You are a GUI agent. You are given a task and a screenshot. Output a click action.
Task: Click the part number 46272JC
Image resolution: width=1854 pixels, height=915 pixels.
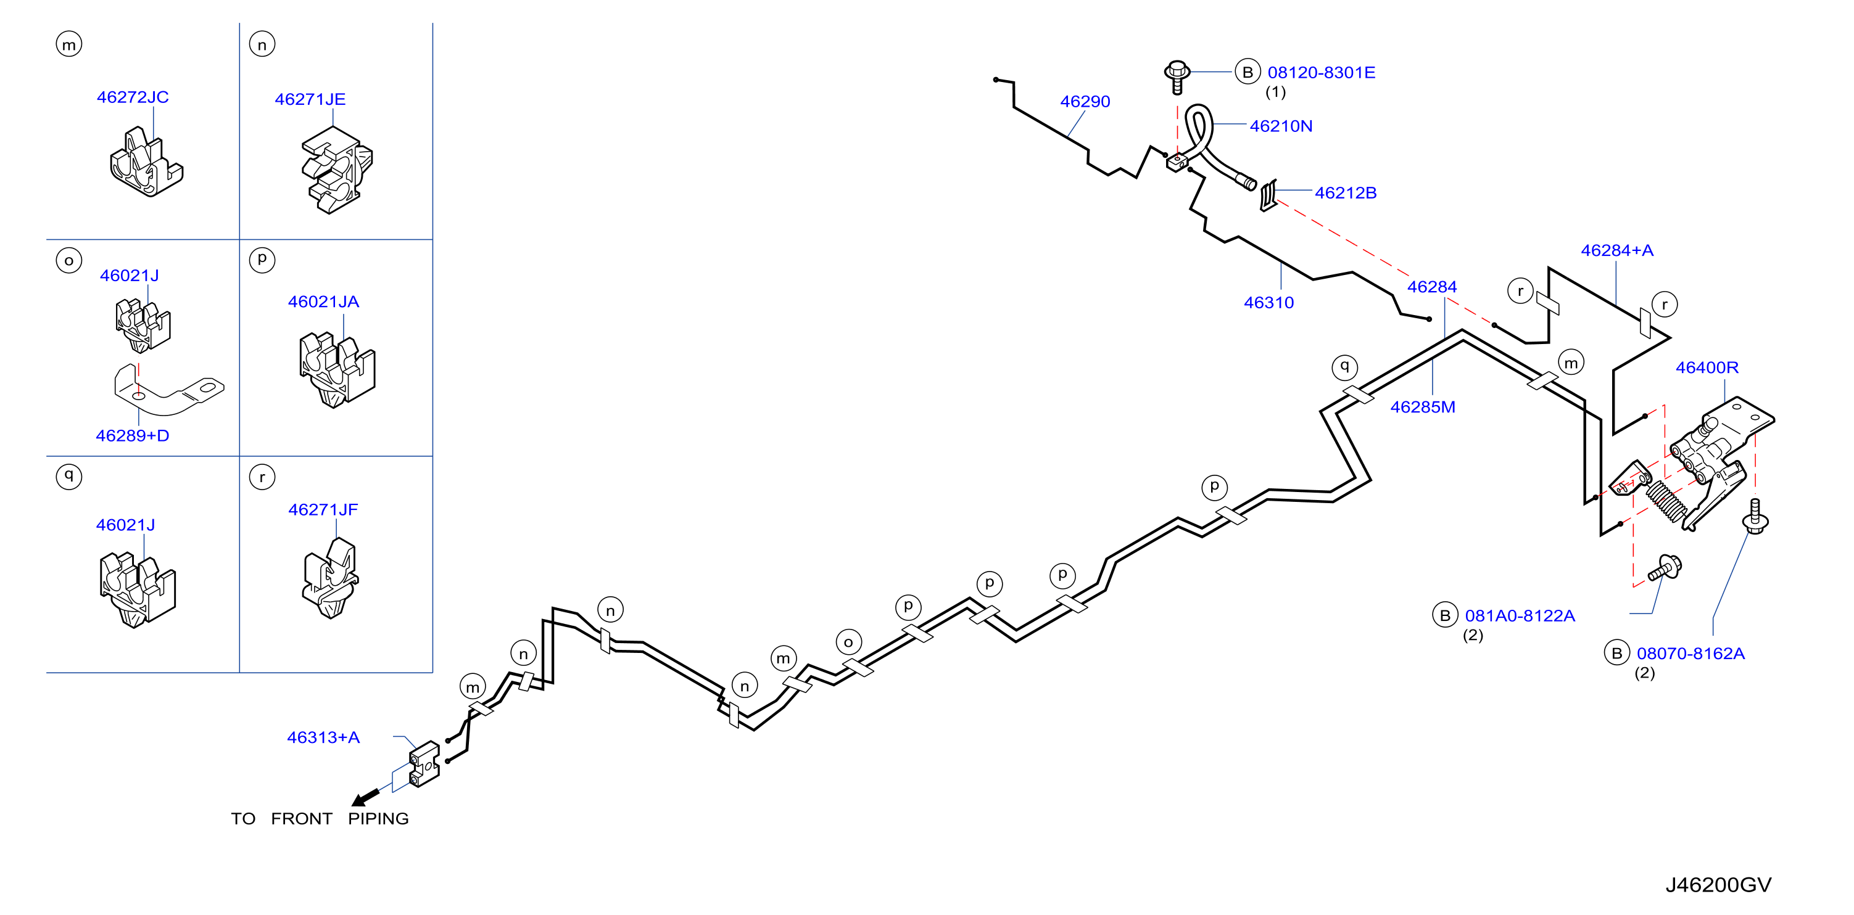pos(133,97)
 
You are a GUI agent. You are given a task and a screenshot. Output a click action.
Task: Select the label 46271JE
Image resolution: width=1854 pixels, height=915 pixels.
pos(310,99)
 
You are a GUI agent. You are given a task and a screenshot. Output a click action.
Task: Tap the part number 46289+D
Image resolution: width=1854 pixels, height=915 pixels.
pos(133,435)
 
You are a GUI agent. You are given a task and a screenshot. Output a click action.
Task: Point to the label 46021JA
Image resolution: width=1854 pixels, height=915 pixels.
pos(323,302)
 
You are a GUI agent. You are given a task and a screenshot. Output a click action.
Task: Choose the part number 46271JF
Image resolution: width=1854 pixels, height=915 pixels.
pos(323,509)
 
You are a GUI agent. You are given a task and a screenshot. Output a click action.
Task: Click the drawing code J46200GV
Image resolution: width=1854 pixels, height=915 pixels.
pos(1718,885)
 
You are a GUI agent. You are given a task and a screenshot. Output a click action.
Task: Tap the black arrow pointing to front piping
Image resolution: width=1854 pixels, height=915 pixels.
pos(366,797)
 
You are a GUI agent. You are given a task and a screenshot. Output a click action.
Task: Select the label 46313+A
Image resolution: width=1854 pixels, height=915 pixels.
pos(323,737)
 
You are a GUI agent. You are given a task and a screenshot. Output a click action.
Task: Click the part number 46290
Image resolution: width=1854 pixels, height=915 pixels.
pos(1085,101)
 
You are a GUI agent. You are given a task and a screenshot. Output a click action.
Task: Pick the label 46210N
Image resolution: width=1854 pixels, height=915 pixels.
pos(1281,126)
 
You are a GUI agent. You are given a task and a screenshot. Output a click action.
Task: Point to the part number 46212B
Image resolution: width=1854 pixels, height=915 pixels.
pos(1346,193)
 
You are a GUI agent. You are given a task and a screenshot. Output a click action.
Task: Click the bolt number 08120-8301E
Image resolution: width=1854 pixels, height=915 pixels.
pos(1322,73)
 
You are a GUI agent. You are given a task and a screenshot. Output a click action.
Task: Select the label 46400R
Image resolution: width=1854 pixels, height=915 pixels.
pos(1707,367)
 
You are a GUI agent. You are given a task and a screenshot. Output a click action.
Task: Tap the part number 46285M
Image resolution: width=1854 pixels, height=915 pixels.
pos(1423,407)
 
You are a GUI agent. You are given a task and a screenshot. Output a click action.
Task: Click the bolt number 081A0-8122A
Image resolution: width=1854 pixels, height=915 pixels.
pos(1520,616)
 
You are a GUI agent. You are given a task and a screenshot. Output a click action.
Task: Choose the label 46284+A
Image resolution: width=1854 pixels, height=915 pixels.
pos(1617,250)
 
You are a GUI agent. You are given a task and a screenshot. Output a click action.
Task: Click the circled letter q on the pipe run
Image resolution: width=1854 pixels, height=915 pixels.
pos(1344,366)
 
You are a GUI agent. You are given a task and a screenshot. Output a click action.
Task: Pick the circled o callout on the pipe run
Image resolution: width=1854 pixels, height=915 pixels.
pos(848,642)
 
